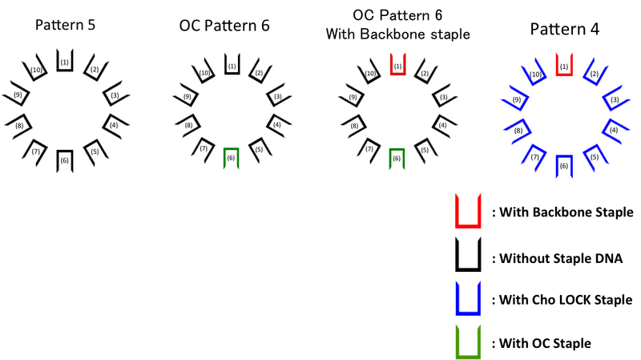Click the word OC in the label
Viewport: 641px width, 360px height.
[x=362, y=16]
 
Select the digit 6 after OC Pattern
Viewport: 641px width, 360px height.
[x=440, y=16]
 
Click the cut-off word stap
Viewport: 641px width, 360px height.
[x=442, y=34]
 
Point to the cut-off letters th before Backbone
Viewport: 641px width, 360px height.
[x=346, y=34]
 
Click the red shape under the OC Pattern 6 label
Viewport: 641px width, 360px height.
[x=397, y=65]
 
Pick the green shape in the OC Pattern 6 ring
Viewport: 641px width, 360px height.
[x=395, y=159]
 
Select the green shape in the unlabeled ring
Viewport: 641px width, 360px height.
[x=231, y=159]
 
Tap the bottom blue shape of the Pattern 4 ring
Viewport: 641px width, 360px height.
[x=564, y=164]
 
